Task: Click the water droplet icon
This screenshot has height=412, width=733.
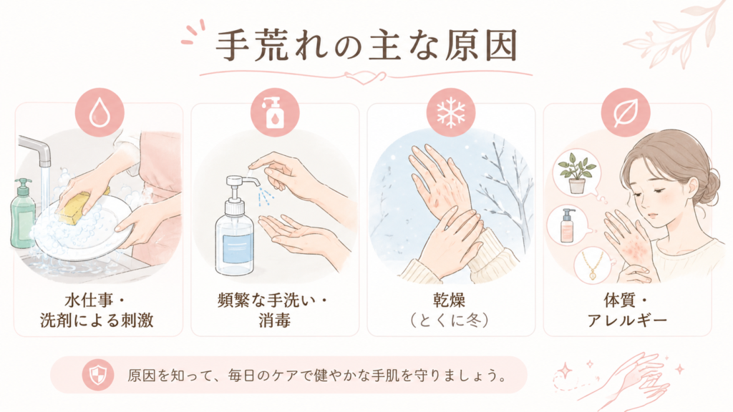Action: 99,112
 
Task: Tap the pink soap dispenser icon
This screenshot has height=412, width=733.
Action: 275,112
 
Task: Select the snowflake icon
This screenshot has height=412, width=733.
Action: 451,112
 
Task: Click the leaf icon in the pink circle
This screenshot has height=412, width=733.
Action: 626,112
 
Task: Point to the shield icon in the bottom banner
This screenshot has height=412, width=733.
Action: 98,375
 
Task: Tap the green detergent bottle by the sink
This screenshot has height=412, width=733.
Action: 22,213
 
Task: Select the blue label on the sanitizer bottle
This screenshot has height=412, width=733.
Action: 238,250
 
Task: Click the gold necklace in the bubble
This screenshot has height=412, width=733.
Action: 592,266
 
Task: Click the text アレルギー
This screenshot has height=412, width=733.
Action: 627,321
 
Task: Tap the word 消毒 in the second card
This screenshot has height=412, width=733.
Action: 274,321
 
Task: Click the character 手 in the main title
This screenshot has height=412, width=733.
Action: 235,45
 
